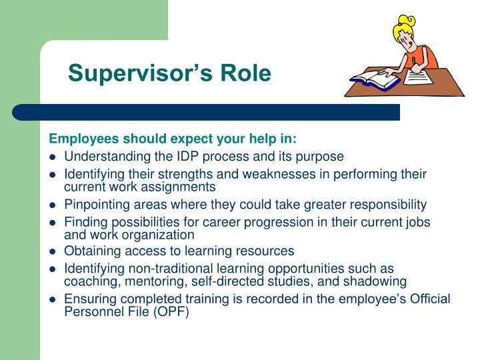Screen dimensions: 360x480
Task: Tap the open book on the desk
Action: [x=374, y=81]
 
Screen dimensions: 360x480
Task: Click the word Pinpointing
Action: [x=95, y=205]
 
